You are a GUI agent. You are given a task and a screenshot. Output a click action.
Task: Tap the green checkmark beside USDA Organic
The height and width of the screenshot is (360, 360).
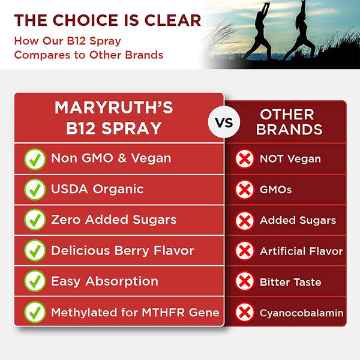[35, 190]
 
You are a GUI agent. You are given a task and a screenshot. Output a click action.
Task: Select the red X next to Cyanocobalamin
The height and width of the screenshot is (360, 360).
[244, 313]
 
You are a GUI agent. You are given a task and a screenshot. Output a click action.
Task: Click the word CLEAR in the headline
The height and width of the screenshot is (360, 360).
[174, 20]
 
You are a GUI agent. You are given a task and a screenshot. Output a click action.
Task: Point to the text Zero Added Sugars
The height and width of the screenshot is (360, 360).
[113, 220]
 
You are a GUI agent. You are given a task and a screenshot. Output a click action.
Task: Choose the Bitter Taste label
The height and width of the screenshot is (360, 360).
[290, 282]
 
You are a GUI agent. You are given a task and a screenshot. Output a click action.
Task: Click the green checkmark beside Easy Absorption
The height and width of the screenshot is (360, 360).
[35, 281]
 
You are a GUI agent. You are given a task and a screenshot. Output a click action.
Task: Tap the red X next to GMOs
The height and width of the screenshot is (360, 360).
[244, 190]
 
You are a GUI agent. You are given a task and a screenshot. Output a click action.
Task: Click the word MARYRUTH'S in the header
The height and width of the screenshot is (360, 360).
[114, 108]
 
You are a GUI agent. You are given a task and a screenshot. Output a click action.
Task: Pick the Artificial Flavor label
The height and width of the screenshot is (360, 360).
[301, 251]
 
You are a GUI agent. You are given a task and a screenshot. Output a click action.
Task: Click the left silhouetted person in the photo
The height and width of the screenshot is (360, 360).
[265, 37]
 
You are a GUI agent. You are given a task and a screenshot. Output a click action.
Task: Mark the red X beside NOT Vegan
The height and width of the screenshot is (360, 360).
[244, 159]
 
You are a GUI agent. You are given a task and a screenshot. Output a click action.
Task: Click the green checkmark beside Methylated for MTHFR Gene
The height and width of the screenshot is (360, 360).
[35, 312]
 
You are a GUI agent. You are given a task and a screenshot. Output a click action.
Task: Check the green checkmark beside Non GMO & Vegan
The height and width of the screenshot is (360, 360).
[35, 158]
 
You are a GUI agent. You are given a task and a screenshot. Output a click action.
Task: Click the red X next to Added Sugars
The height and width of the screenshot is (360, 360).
[244, 220]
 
